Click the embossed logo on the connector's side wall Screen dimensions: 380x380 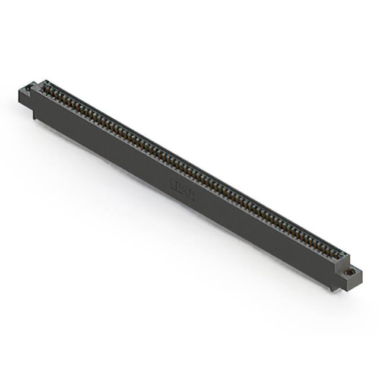click(182, 188)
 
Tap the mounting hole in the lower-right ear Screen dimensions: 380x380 click(350, 272)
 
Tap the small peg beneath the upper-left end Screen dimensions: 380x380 click(34, 115)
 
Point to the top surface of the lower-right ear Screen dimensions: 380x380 click(350, 271)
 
